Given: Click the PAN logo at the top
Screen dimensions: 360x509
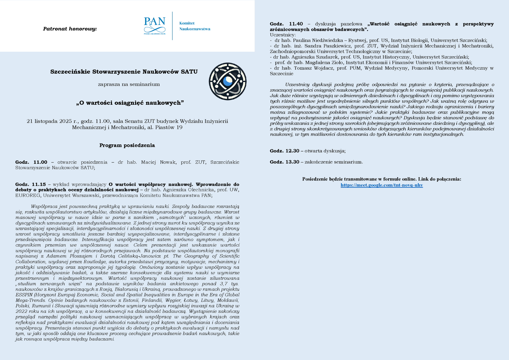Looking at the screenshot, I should click(x=154, y=25).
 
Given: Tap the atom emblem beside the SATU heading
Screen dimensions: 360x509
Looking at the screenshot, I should click(x=228, y=81).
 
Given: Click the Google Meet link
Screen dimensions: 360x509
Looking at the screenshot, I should click(x=381, y=185).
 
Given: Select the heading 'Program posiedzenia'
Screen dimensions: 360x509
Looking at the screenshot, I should click(x=127, y=145).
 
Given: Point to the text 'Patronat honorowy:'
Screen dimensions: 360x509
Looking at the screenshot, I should click(x=70, y=29).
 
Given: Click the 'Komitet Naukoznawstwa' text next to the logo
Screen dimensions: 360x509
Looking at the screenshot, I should click(x=195, y=26).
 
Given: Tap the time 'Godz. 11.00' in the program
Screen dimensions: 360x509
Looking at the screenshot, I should click(x=31, y=162).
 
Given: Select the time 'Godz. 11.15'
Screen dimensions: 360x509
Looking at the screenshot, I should click(x=31, y=184).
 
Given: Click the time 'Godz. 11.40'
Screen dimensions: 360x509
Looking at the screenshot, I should click(x=286, y=24).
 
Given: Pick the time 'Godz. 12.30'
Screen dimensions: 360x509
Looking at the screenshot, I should click(x=284, y=151).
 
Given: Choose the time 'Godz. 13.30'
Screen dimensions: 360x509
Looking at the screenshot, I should click(x=284, y=162).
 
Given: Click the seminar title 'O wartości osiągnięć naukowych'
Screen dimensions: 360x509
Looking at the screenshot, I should click(x=130, y=103).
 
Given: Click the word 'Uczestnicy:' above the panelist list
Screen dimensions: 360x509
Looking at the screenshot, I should click(x=282, y=35).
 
